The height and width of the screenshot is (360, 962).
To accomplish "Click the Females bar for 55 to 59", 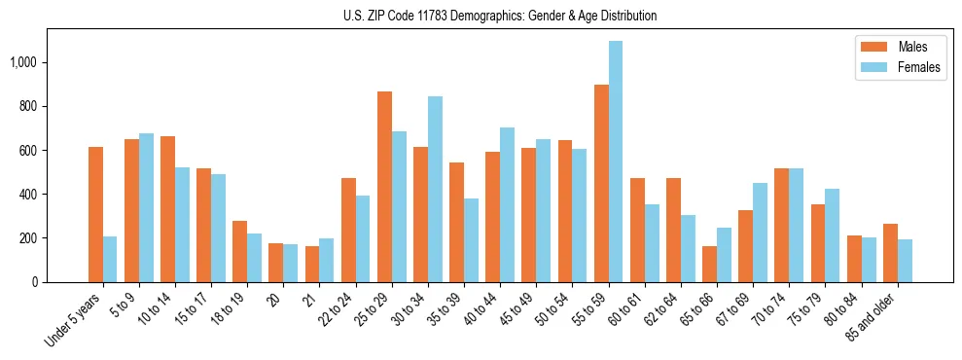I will (x=616, y=162).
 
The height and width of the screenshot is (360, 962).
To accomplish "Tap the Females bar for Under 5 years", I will (x=110, y=259).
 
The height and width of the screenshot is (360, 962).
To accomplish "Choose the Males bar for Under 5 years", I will (x=95, y=214).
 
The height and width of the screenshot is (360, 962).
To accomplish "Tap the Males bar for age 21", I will (x=312, y=264).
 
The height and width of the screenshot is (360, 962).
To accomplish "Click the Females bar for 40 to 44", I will (x=507, y=204).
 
